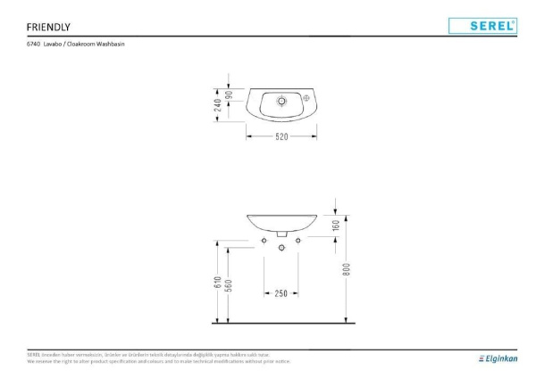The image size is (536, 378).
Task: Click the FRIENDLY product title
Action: (x=48, y=26)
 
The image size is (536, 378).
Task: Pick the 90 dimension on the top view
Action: (x=230, y=95)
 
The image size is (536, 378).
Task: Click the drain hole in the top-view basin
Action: (x=281, y=101)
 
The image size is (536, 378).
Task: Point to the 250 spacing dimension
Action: (x=281, y=292)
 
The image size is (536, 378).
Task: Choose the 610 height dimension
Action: (x=217, y=282)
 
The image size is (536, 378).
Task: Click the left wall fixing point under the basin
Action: (x=264, y=239)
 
